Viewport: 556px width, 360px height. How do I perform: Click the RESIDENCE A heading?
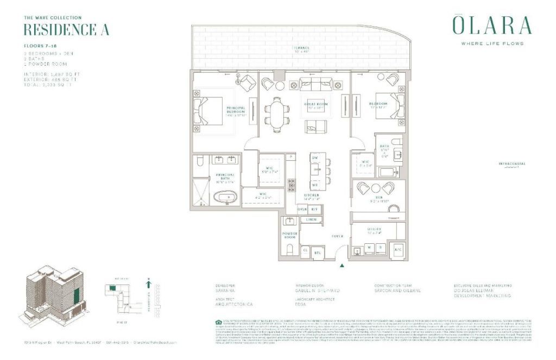click(x=59, y=29)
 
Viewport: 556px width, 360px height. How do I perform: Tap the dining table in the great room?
click(x=277, y=115)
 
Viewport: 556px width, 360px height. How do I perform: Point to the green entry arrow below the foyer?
click(x=342, y=266)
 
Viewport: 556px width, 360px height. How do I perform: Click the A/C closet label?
click(x=397, y=249)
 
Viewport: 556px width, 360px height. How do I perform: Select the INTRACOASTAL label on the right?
click(x=512, y=163)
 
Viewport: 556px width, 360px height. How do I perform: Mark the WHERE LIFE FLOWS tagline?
click(x=492, y=43)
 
